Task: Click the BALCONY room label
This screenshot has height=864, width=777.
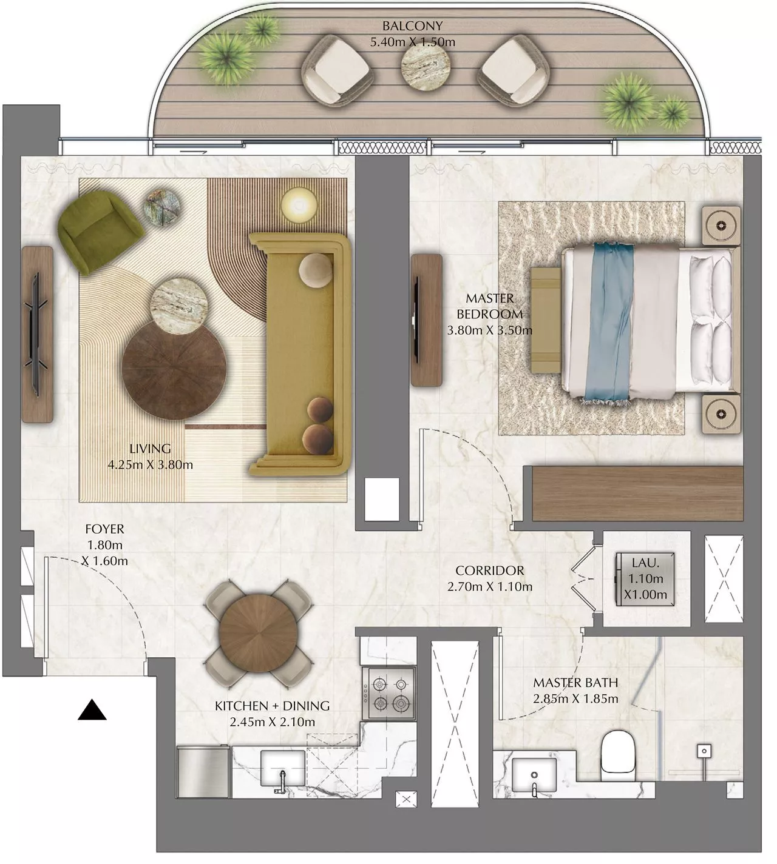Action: tap(412, 26)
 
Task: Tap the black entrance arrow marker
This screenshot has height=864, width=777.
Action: tap(92, 710)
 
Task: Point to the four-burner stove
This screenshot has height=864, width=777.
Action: tap(389, 694)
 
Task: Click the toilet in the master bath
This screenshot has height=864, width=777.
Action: tap(616, 754)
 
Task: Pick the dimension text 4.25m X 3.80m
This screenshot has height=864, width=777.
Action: tap(150, 465)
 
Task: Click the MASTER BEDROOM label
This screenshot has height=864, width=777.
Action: tap(489, 306)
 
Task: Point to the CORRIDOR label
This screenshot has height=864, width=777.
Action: tap(489, 571)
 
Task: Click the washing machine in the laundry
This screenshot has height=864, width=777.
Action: tap(645, 578)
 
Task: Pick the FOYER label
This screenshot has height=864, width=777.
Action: tap(104, 529)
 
